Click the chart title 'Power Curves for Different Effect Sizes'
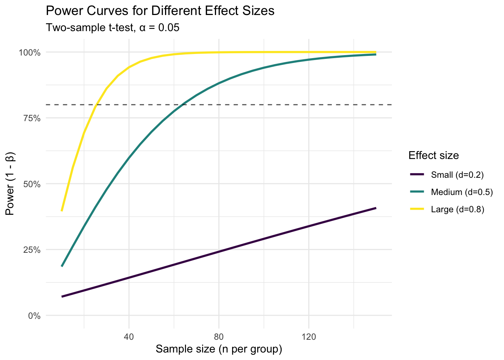point(160,11)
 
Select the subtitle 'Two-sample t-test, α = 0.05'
point(112,28)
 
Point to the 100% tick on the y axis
point(30,52)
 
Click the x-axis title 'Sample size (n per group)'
point(219,349)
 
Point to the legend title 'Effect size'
point(434,155)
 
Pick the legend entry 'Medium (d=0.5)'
point(462,192)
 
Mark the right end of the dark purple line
point(376,208)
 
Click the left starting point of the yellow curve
point(61,211)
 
